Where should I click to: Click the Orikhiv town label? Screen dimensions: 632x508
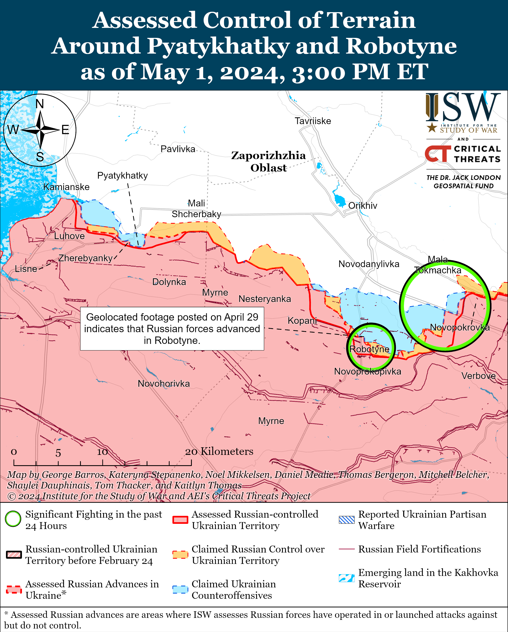click(363, 206)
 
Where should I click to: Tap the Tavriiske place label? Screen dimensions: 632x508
click(313, 121)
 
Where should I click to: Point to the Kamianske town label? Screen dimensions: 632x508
click(66, 187)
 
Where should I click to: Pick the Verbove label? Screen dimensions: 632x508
click(478, 376)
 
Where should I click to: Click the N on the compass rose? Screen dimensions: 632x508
click(40, 104)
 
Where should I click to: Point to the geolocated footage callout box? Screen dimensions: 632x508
click(172, 329)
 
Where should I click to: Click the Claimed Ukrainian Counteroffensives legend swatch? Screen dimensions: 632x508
click(180, 590)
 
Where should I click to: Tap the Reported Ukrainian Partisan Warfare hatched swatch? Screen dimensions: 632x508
click(346, 520)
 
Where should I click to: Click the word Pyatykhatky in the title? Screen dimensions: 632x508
click(218, 46)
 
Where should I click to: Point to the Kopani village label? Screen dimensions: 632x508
click(302, 320)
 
